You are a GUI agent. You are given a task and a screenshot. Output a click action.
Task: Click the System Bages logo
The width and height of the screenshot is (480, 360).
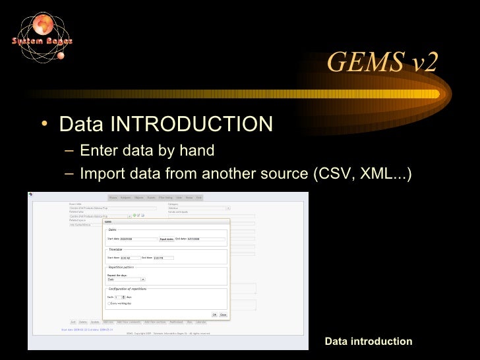pos(41,39)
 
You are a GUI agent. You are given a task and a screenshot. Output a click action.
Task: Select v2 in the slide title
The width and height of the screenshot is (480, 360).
pos(419,63)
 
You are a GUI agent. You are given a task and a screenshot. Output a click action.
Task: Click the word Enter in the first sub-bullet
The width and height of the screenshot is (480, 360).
pos(98,150)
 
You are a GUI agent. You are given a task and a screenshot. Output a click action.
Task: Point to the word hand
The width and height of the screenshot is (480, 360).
pos(196,150)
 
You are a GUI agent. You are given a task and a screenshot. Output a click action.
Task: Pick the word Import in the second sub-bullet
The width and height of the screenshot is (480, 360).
pos(101,173)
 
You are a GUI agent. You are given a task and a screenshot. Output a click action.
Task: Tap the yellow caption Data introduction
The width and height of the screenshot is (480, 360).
pos(368,341)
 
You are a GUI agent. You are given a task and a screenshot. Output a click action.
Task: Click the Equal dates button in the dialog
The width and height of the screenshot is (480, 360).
pos(166,239)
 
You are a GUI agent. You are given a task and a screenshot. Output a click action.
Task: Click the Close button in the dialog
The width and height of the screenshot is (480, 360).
pos(224,315)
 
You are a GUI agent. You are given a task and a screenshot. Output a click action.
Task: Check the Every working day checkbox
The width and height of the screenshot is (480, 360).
pos(109,303)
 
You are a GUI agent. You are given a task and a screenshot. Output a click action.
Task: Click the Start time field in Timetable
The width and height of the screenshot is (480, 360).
pos(130,258)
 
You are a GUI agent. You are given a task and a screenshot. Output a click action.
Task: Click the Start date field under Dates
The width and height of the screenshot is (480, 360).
pos(137,239)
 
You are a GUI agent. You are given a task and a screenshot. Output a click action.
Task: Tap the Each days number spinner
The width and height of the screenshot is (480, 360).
pos(119,297)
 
